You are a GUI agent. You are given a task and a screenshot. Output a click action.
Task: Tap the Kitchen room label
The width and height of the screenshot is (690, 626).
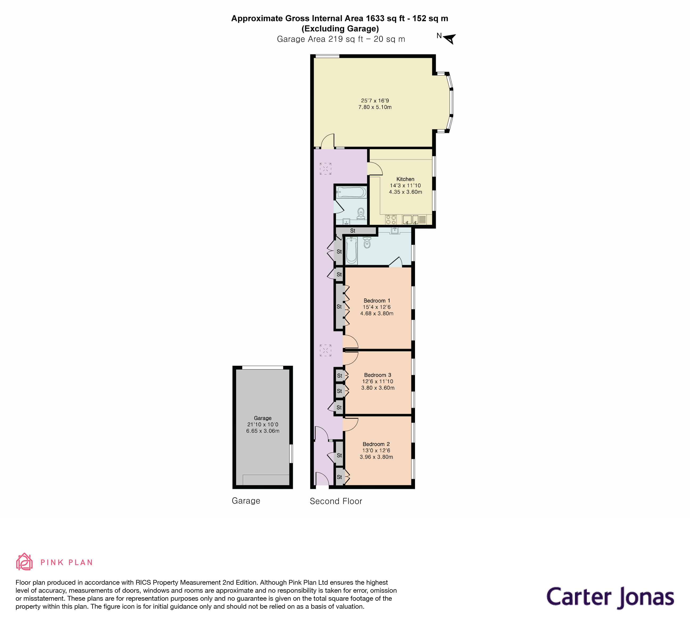pyautogui.click(x=405, y=179)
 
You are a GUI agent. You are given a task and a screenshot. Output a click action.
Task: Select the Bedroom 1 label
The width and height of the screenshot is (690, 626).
pyautogui.click(x=376, y=301)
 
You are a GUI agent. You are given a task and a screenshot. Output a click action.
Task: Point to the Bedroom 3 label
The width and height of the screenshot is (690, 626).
pyautogui.click(x=377, y=375)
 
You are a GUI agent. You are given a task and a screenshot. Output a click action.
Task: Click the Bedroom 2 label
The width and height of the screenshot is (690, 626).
pyautogui.click(x=376, y=444)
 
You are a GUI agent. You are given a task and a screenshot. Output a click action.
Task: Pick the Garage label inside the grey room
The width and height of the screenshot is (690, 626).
pyautogui.click(x=262, y=418)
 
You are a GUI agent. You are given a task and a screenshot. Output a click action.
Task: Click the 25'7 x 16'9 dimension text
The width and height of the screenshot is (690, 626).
pyautogui.click(x=375, y=101)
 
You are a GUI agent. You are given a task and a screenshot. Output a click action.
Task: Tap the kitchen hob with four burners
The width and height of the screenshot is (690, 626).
pyautogui.click(x=391, y=219)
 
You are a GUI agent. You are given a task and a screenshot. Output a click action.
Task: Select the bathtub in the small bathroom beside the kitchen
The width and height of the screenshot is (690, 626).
pyautogui.click(x=351, y=192)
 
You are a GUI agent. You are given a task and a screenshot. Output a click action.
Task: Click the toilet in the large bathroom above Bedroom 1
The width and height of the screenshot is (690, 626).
pyautogui.click(x=367, y=243)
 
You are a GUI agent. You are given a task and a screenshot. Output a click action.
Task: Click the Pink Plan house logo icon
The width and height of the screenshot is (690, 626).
pyautogui.click(x=24, y=562)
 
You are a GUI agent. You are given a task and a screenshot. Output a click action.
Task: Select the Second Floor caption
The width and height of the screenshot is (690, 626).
pyautogui.click(x=336, y=501)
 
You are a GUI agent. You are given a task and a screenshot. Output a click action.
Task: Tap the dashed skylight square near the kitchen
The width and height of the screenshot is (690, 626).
pyautogui.click(x=326, y=169)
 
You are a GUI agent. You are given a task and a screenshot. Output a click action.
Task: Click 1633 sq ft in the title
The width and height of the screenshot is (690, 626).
pyautogui.click(x=387, y=18)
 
